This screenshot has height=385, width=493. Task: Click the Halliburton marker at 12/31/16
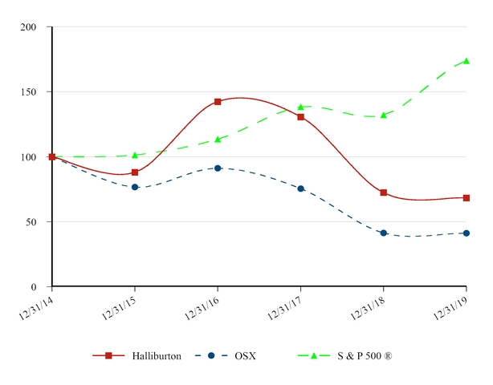218,102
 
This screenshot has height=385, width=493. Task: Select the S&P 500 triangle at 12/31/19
467,61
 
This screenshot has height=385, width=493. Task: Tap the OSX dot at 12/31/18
384,233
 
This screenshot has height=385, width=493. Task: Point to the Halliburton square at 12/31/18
384,192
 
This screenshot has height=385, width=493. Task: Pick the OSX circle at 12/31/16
218,168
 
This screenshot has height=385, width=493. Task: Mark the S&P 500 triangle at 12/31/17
300,107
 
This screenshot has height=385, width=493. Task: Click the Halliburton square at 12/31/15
135,172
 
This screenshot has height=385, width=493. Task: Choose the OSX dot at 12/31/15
135,187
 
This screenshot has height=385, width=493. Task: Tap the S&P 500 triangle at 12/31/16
218,139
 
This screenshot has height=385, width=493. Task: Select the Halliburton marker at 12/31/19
467,198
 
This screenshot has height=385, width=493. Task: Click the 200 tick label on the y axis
29,27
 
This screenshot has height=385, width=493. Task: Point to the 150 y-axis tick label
29,92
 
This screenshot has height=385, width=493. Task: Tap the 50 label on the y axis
31,222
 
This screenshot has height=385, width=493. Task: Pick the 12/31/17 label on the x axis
287,306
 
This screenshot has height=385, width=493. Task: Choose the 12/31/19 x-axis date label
453,306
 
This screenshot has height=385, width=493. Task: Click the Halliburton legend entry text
157,355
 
